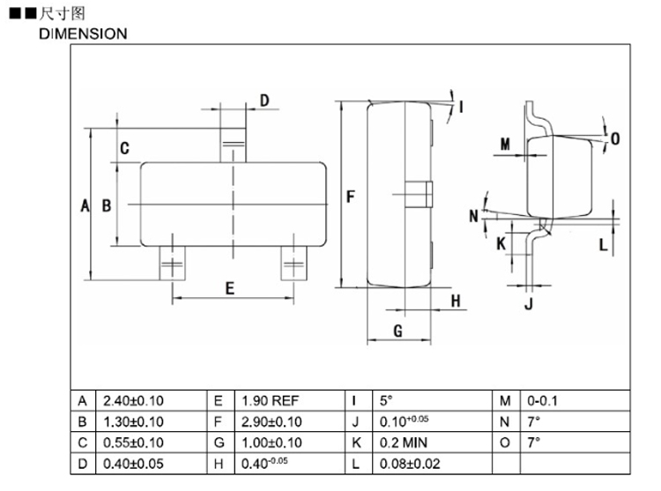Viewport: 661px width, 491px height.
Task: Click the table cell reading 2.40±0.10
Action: (133, 401)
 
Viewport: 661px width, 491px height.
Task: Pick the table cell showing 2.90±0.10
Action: (271, 422)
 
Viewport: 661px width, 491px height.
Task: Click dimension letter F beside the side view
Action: (351, 197)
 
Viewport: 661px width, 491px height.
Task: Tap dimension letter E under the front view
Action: (229, 287)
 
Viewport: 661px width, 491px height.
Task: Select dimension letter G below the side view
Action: (397, 331)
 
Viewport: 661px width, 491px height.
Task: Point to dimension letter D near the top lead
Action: (264, 100)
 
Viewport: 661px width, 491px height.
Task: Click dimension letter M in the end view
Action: (505, 144)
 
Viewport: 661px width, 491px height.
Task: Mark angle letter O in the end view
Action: (615, 138)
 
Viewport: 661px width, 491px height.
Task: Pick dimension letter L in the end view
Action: (603, 244)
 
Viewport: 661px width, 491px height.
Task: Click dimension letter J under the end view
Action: (529, 305)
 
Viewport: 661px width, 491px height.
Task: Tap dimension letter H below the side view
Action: (457, 301)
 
